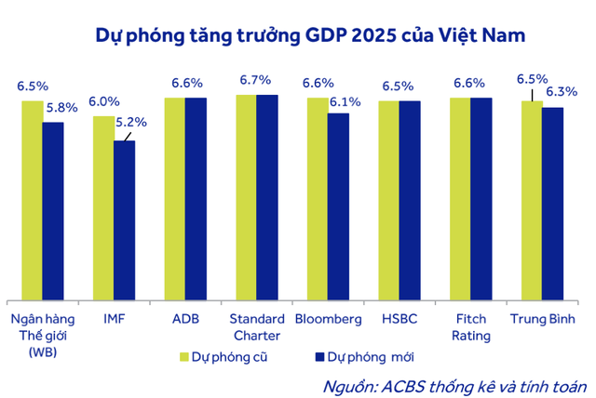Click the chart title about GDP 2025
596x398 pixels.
[310, 36]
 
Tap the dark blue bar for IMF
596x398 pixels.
[125, 219]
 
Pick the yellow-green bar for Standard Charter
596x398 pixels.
[246, 196]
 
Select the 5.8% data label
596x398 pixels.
[62, 108]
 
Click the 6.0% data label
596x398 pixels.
[104, 103]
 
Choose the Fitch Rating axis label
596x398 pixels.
[470, 327]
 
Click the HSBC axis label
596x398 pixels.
[400, 319]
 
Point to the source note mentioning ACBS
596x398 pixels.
[452, 384]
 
